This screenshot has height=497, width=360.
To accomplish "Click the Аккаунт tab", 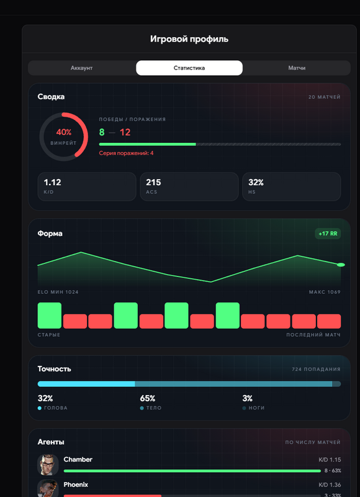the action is [82, 68].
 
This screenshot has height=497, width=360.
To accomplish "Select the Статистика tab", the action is [189, 68].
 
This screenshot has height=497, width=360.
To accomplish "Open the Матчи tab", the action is [297, 68].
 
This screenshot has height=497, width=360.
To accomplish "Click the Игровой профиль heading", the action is [189, 39].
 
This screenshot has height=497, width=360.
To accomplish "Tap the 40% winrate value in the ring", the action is [64, 132].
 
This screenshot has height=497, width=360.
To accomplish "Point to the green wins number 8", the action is [102, 132].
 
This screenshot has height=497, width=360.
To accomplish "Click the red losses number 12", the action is [125, 132].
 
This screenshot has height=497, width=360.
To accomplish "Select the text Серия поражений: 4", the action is [126, 153].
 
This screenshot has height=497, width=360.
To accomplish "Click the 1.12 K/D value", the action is [52, 182].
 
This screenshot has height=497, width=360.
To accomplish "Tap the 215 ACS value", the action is [153, 182].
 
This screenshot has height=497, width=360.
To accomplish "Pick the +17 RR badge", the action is [328, 234].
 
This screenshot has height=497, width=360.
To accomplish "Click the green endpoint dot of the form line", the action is [341, 265].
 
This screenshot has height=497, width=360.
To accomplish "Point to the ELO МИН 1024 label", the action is [58, 292].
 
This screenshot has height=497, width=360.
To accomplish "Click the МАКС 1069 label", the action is [325, 292].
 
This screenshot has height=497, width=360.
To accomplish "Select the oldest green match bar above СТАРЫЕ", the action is [50, 316].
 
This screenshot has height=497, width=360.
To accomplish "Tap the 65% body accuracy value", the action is [148, 398].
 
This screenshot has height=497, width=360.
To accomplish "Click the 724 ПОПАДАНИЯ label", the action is [317, 369].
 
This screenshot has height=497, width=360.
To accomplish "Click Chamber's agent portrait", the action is [48, 465].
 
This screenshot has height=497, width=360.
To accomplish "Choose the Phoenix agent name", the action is [76, 485].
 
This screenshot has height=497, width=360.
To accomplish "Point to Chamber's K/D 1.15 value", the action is [330, 460].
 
